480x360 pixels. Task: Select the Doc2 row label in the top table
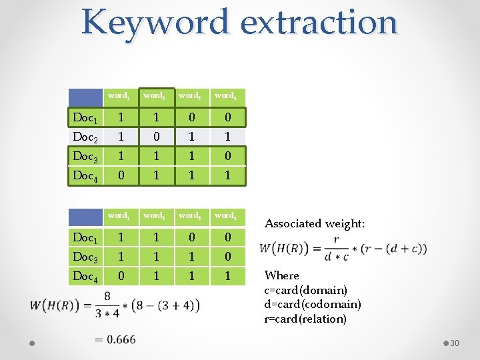tap(85, 137)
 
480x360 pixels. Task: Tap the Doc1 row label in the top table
tap(85, 118)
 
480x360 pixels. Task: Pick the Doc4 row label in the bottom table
tap(85, 275)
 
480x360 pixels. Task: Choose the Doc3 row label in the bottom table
tap(85, 257)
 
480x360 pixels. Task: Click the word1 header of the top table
tap(120, 96)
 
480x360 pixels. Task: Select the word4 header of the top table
tap(225, 96)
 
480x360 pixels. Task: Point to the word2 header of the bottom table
tap(155, 215)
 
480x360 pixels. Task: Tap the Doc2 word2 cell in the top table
tap(155, 137)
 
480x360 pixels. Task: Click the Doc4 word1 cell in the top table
tap(120, 175)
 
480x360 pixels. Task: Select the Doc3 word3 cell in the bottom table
tap(191, 257)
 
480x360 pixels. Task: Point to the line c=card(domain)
tap(305, 290)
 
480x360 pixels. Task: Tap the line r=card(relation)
tap(305, 319)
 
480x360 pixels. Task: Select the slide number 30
tap(455, 343)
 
